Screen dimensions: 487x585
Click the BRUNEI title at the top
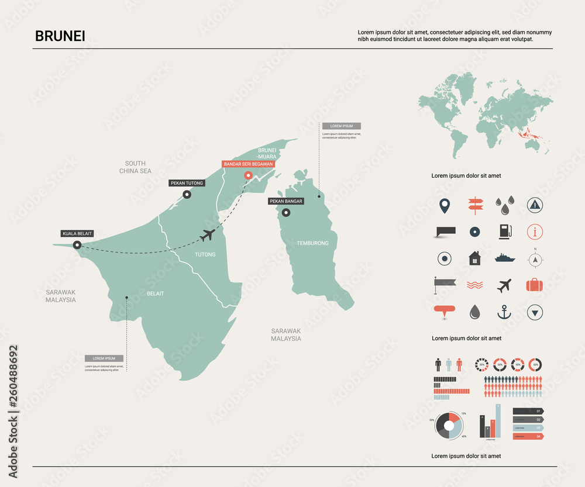click(x=60, y=36)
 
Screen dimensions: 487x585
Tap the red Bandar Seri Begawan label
click(x=248, y=164)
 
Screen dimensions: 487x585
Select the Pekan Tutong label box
click(x=187, y=183)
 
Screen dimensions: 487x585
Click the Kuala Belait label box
click(x=77, y=233)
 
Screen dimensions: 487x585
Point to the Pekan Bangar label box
click(x=286, y=201)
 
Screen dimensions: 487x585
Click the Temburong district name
click(x=312, y=243)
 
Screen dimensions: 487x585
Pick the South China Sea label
click(x=135, y=167)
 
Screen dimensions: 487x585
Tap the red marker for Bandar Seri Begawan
click(x=248, y=175)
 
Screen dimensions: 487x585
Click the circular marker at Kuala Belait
click(x=77, y=245)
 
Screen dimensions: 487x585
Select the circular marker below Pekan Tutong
click(x=187, y=195)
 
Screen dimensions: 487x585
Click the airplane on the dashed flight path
click(x=207, y=235)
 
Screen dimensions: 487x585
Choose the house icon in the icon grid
click(x=474, y=258)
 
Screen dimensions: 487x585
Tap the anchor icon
click(x=504, y=312)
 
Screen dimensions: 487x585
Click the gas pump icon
click(x=504, y=232)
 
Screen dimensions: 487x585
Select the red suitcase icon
click(x=534, y=285)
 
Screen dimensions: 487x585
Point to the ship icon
click(x=504, y=258)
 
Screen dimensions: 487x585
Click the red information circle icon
click(x=534, y=232)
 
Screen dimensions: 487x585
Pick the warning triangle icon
click(x=534, y=204)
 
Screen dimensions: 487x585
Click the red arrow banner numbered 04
click(x=528, y=436)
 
